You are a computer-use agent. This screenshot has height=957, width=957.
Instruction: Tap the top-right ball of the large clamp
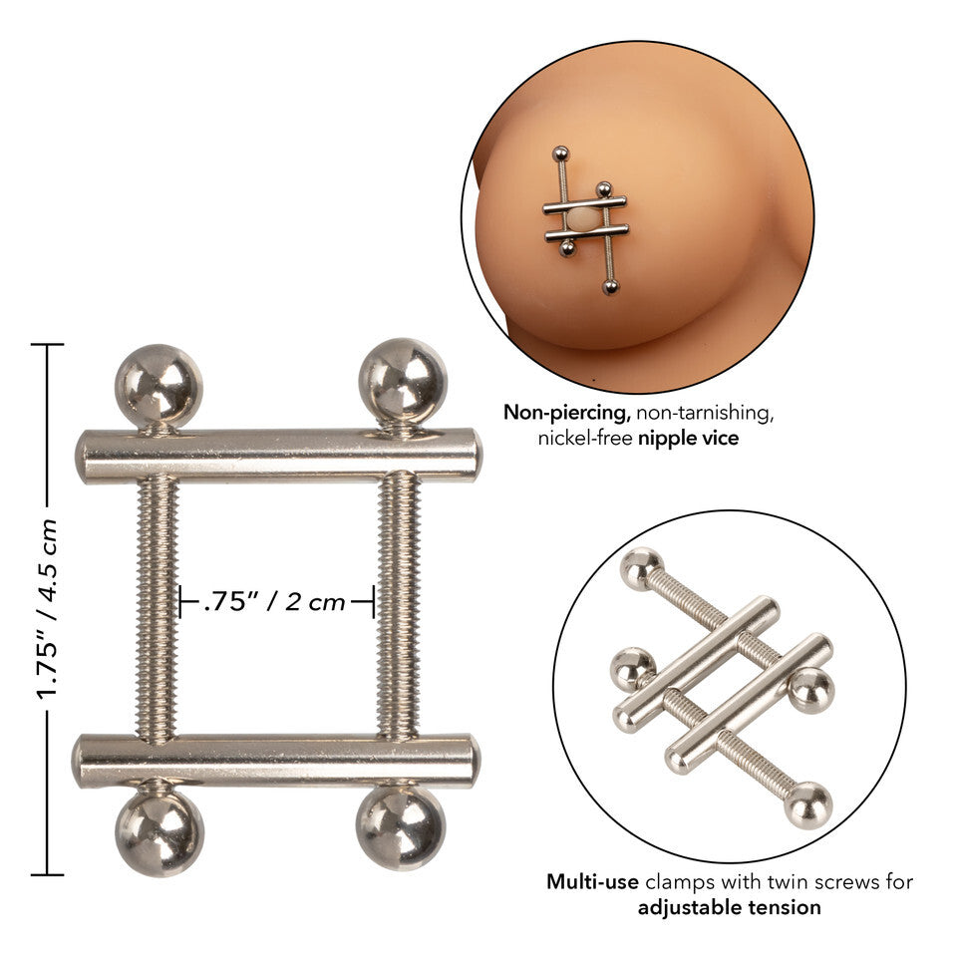click(x=402, y=382)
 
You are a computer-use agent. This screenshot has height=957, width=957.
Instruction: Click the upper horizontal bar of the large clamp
click(x=278, y=456)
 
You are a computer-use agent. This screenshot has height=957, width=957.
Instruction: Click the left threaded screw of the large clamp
click(x=158, y=608)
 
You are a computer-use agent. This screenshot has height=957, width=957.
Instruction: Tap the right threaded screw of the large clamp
click(x=398, y=608)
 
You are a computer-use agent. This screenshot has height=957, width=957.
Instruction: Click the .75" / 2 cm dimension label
click(x=275, y=601)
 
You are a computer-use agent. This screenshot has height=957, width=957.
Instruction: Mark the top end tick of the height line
click(x=47, y=345)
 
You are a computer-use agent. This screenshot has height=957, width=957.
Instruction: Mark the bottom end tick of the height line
click(x=47, y=874)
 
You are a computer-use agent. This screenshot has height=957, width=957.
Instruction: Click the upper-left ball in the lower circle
click(x=641, y=569)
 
